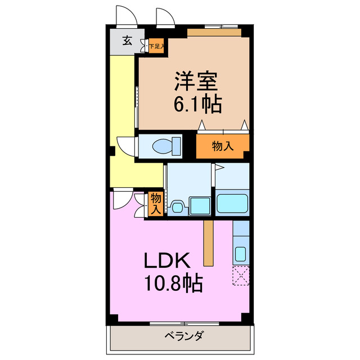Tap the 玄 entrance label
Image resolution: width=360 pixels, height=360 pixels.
[128, 40]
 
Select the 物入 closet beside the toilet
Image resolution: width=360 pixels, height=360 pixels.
[223, 146]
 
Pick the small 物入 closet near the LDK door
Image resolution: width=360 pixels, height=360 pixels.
[156, 203]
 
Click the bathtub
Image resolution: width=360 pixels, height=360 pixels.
[232, 203]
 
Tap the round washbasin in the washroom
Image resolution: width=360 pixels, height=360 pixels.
[177, 207]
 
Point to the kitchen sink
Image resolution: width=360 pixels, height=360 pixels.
[240, 255]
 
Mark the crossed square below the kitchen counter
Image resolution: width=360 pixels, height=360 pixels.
[240, 276]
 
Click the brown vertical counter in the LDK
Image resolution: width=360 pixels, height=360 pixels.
[209, 242]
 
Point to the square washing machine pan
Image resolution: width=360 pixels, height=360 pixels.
[200, 206]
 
